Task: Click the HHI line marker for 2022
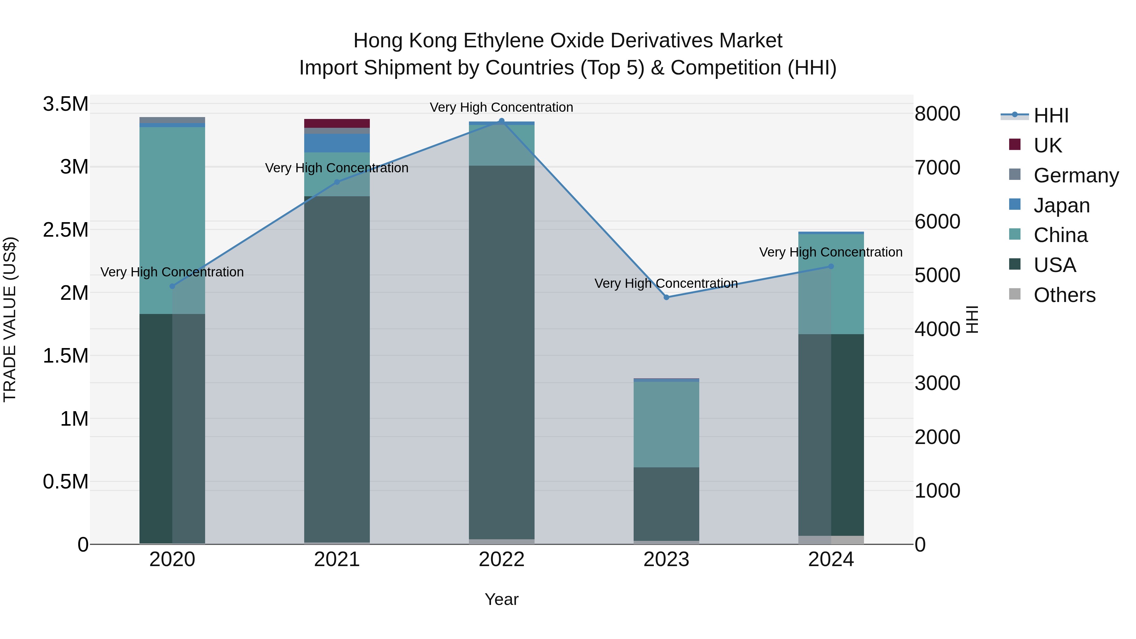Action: (x=501, y=121)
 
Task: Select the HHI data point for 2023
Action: (x=666, y=297)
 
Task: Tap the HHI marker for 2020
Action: (x=172, y=286)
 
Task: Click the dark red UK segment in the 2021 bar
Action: (x=337, y=123)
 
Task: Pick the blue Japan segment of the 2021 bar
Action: (x=337, y=143)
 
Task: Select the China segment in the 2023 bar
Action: (x=666, y=424)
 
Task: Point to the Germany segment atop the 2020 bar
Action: (x=172, y=120)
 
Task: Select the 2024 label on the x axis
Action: (x=831, y=559)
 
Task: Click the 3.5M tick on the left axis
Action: (x=65, y=104)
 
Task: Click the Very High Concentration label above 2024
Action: (x=831, y=252)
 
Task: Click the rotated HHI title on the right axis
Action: (x=972, y=319)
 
